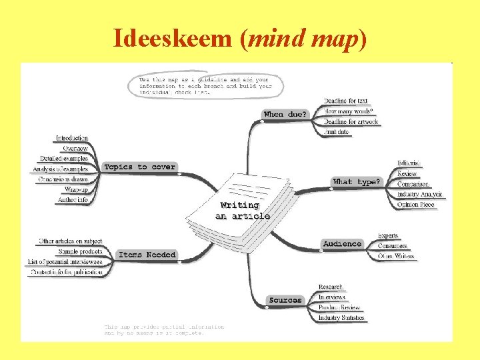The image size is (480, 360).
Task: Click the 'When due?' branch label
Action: click(285, 114)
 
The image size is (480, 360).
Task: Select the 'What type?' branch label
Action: click(357, 181)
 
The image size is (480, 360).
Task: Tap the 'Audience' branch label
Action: click(342, 244)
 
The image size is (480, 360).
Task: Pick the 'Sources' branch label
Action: click(285, 300)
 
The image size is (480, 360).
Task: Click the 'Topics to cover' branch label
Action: click(140, 167)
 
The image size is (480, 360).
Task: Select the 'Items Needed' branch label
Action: click(147, 255)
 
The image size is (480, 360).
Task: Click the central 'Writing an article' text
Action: click(243, 211)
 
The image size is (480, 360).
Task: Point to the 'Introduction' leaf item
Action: click(72, 138)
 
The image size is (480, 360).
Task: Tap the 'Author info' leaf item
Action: click(73, 200)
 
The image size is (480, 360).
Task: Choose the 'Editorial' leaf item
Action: click(409, 163)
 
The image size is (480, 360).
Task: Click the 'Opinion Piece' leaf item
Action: click(416, 205)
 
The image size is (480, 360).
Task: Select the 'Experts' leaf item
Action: click(388, 235)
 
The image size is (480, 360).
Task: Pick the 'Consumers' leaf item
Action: click(393, 246)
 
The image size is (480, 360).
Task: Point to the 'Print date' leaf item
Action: click(337, 132)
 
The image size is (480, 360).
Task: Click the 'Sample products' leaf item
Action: click(80, 251)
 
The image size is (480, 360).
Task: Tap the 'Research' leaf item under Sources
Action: click(331, 287)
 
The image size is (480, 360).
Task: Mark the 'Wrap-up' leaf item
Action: click(76, 189)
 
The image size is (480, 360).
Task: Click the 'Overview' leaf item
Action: click(75, 148)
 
